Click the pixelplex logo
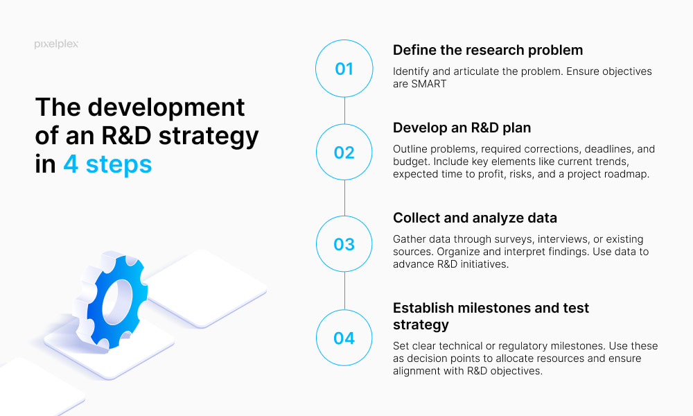56,44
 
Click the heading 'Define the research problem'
488,50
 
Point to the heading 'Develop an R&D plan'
462,128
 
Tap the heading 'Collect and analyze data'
475,218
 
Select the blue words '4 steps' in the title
107,164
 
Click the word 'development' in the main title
166,108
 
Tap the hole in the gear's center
117,301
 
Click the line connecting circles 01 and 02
344,110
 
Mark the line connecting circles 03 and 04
344,291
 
